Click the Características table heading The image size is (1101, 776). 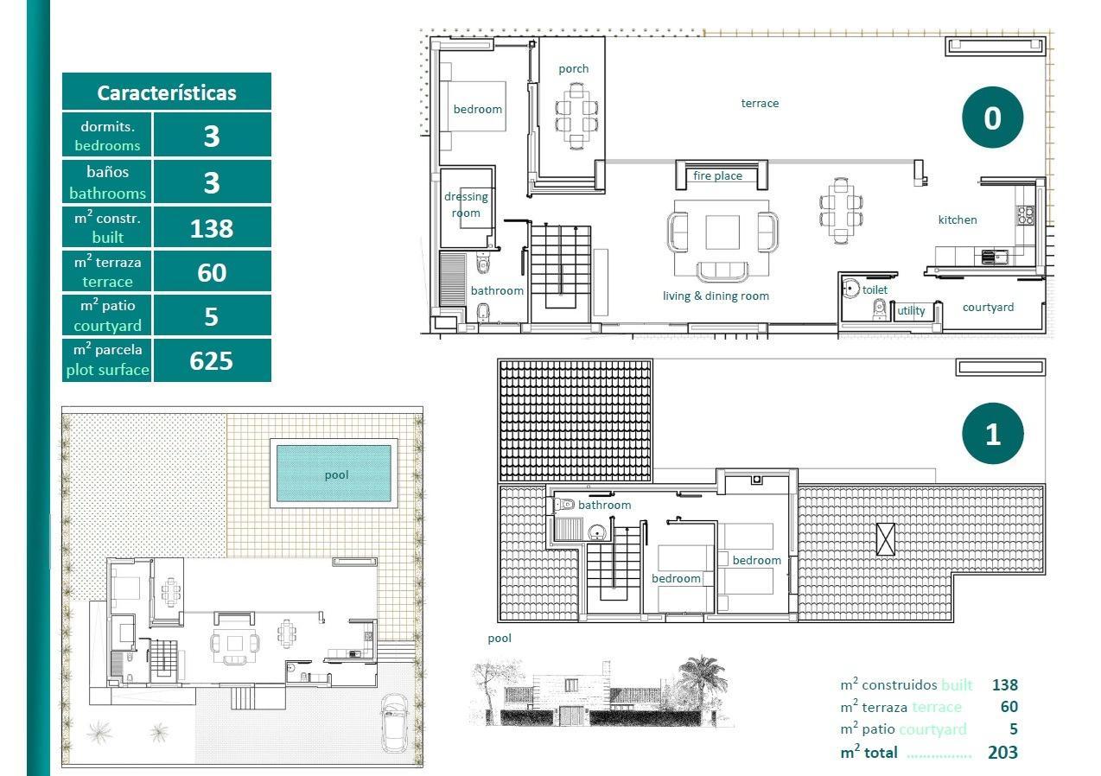(167, 92)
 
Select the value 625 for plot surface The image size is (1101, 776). (212, 360)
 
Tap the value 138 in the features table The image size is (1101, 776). (212, 228)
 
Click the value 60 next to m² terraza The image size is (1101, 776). (212, 272)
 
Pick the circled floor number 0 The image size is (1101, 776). (992, 118)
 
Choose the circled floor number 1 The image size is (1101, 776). (992, 434)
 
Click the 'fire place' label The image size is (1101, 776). (717, 175)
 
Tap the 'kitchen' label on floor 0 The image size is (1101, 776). (958, 219)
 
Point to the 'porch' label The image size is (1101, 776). (573, 68)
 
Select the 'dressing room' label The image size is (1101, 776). (466, 205)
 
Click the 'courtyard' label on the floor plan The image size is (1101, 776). (988, 307)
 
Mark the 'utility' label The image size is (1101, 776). (911, 310)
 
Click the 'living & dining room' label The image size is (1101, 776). (716, 296)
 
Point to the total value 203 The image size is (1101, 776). (1002, 752)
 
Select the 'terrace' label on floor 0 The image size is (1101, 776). (760, 103)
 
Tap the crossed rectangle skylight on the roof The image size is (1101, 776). (885, 539)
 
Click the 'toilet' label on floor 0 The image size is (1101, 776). (875, 289)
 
